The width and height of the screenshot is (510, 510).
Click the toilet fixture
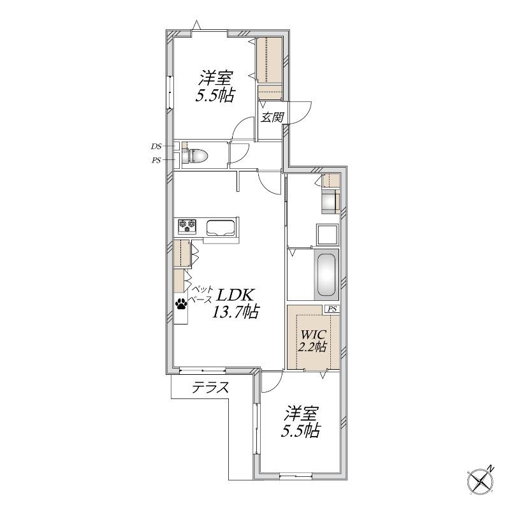click(x=195, y=156)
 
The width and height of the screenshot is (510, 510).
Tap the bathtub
click(x=326, y=275)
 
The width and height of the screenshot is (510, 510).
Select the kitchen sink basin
click(x=221, y=228)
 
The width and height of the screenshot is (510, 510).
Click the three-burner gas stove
click(x=187, y=226)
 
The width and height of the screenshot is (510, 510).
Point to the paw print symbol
click(x=181, y=304)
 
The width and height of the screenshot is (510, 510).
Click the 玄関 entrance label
click(x=272, y=117)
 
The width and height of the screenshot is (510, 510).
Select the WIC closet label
click(x=312, y=334)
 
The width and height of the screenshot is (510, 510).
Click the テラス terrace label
click(x=210, y=388)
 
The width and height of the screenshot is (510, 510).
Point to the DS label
click(x=156, y=147)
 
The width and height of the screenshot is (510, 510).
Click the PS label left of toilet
click(x=156, y=160)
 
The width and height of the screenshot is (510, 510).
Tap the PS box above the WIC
click(x=331, y=309)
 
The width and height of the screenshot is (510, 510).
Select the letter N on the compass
click(x=491, y=469)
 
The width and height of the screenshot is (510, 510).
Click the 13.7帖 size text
click(x=235, y=312)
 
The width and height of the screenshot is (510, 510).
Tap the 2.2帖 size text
click(x=312, y=347)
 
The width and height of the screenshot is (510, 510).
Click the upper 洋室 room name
click(x=215, y=78)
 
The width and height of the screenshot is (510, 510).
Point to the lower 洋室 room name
click(x=301, y=414)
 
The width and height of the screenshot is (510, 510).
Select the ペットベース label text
click(x=202, y=294)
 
